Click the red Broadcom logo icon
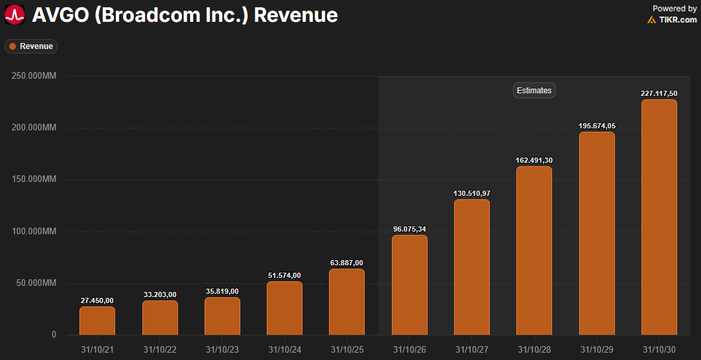15,15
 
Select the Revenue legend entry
31,46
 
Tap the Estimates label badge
534,91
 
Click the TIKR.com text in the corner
677,20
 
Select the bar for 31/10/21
97,320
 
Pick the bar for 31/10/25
347,302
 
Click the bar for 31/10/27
472,267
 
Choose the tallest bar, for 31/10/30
659,217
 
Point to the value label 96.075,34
409,229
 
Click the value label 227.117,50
659,93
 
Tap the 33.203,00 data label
160,294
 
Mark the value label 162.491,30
534,160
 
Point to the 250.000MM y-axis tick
34,76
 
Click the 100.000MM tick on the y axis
34,232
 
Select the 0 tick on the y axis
54,335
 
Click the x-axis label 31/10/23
222,349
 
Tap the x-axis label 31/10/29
596,349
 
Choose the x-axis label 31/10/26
409,349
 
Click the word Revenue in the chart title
296,15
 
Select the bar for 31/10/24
285,308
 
